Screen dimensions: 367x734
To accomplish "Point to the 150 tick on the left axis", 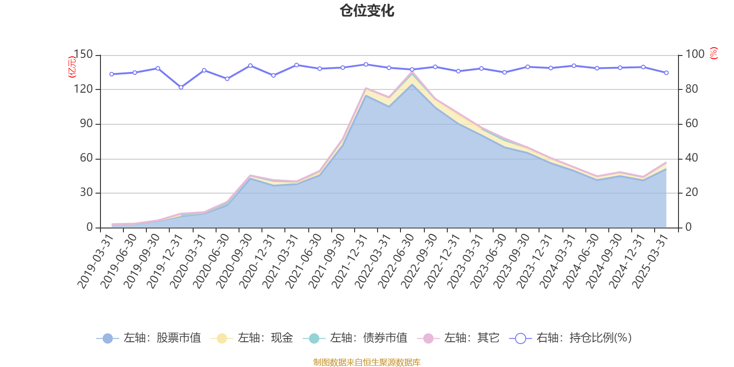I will coord(83,55).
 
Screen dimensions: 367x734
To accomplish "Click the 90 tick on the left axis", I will coord(86,124).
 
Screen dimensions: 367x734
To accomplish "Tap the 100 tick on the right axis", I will coord(695,55).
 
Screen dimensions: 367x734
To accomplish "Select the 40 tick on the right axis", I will coord(692,158).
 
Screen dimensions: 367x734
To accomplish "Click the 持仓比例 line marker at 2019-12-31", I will coord(181,87).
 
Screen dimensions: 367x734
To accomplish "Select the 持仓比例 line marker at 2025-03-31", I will coord(666,72).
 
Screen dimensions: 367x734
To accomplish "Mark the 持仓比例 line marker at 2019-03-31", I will coord(111,74).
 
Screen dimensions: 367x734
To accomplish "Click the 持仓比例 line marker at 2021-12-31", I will coord(366,64).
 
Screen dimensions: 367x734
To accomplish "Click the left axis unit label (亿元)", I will coord(72,67).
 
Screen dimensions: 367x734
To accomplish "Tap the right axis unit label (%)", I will coord(713,53).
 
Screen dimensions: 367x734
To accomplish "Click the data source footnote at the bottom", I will coord(367,362).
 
